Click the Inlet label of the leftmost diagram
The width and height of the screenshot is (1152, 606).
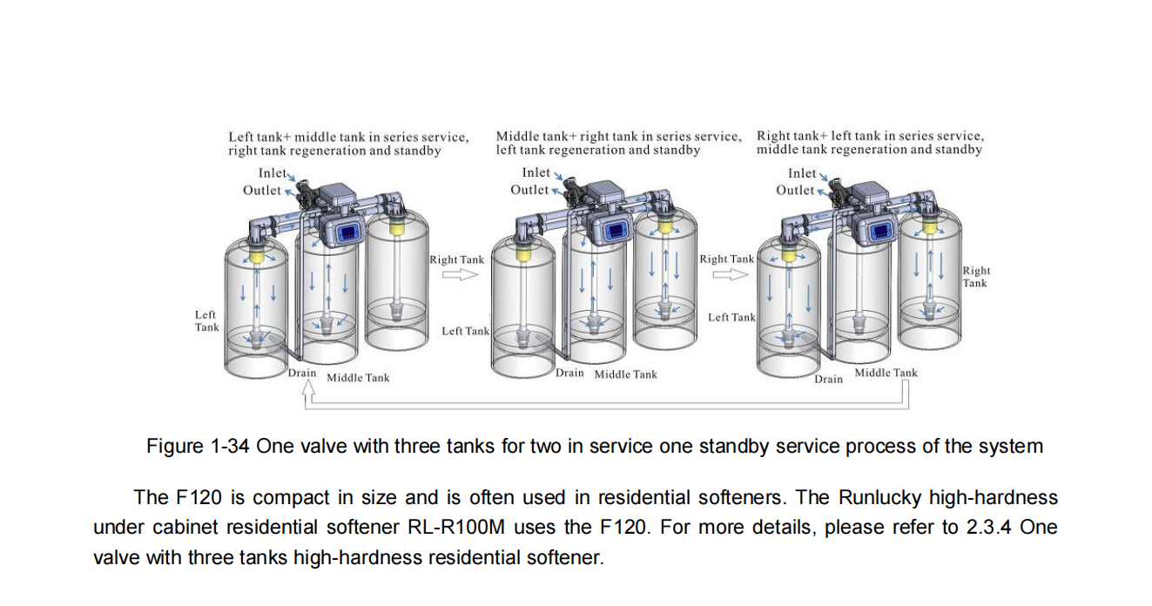[x=272, y=173]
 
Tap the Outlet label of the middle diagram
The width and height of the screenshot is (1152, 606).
[x=529, y=190]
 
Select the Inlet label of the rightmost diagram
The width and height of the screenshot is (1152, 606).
[x=802, y=173]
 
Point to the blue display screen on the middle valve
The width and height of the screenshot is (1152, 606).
[x=616, y=232]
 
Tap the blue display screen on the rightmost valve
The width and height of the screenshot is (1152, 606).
[x=880, y=232]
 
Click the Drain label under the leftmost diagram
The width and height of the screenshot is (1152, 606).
[x=302, y=373]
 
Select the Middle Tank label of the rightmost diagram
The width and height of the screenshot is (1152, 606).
[x=886, y=373]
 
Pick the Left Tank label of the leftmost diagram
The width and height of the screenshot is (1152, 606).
[x=206, y=321]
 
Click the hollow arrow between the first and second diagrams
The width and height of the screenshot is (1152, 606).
[x=460, y=275]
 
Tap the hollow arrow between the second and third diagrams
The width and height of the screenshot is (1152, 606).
[x=731, y=275]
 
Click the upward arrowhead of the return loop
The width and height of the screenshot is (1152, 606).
[x=308, y=388]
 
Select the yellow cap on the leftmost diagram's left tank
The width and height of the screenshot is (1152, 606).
[x=256, y=255]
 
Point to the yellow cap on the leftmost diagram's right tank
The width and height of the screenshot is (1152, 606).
[x=396, y=226]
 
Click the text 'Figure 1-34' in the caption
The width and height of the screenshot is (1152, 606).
[x=198, y=446]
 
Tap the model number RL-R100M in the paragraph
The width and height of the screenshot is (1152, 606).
[x=456, y=528]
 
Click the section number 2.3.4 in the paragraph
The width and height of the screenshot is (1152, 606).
[x=988, y=528]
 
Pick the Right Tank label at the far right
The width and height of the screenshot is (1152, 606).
[x=976, y=277]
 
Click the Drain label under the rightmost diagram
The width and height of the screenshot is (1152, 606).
[x=828, y=379]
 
